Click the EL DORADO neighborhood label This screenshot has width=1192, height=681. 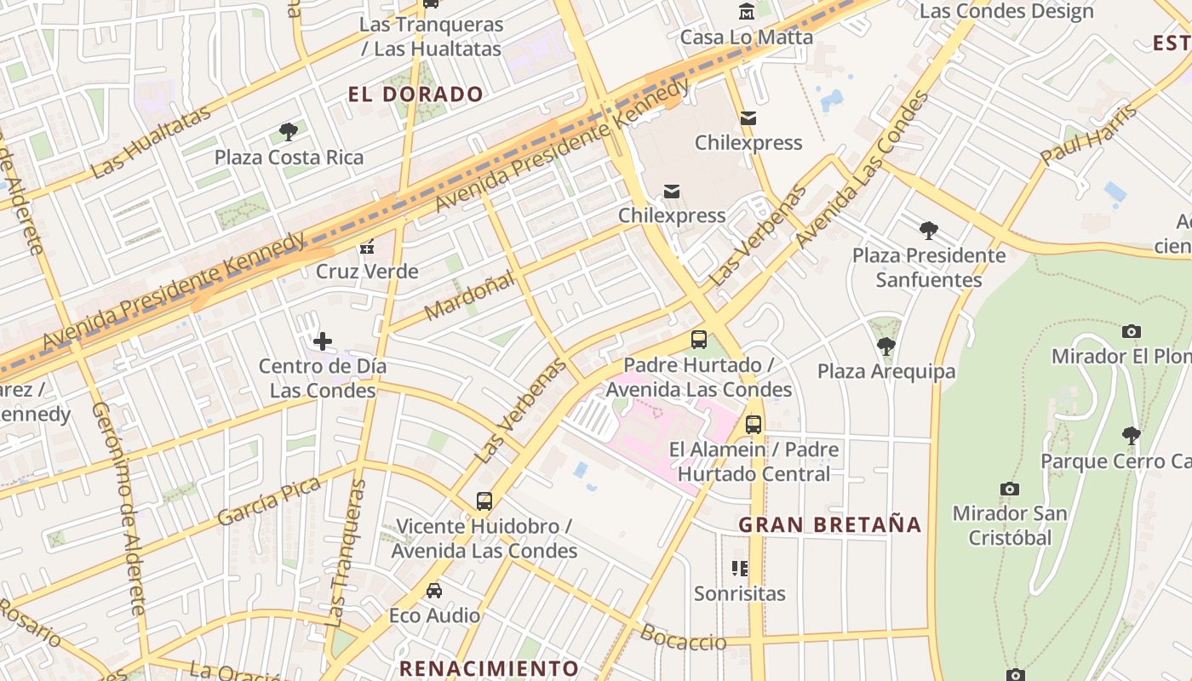[x=415, y=94]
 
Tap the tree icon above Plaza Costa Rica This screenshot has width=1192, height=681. [x=289, y=132]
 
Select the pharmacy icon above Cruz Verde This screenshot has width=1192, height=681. [x=367, y=247]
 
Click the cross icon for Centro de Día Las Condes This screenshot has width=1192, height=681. [x=323, y=341]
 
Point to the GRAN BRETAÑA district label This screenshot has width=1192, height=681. [x=830, y=524]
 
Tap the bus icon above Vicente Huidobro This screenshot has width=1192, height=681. [x=484, y=501]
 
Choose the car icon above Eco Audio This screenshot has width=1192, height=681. [x=434, y=590]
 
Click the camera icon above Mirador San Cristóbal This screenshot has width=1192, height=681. [x=1010, y=489]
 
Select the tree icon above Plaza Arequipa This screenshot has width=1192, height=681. [x=886, y=346]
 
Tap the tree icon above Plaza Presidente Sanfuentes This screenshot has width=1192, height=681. [x=929, y=230]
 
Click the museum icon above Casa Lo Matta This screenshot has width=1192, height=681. [x=747, y=12]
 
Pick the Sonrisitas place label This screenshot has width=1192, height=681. [x=739, y=593]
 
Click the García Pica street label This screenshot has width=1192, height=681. [x=268, y=502]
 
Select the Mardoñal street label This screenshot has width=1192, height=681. [x=469, y=295]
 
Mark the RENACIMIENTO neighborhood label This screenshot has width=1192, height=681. [x=489, y=668]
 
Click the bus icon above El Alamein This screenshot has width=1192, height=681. [x=754, y=424]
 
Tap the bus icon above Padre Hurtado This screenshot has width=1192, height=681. [x=699, y=340]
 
